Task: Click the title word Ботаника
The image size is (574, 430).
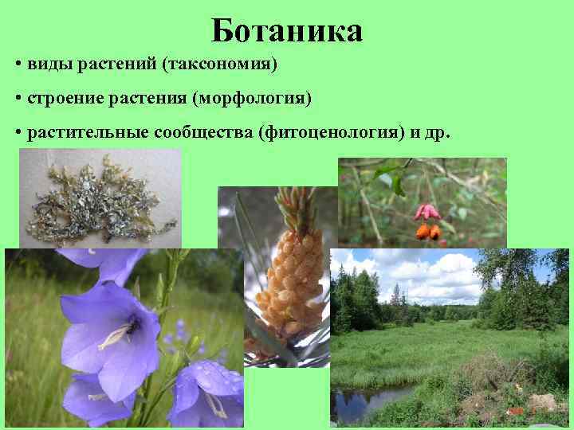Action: click(x=287, y=31)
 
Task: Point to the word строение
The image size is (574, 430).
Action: click(x=63, y=99)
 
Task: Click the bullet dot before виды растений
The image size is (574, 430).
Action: click(x=18, y=64)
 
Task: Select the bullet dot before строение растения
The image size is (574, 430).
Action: click(x=18, y=99)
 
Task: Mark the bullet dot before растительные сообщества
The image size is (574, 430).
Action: click(x=18, y=133)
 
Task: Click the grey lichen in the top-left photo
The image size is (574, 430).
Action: click(x=96, y=199)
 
